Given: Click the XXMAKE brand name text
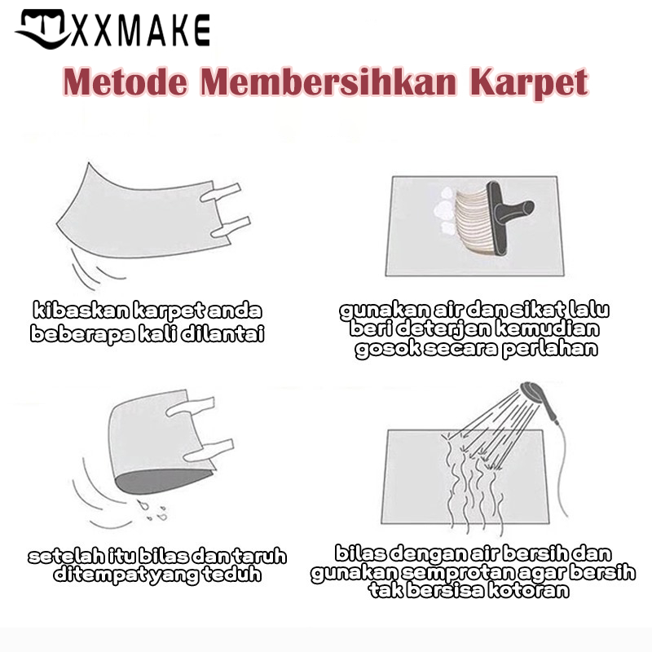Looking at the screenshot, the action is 140,30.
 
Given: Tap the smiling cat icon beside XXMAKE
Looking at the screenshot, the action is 42,29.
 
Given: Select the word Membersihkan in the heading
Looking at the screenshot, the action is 328,82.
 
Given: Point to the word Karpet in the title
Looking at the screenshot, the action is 529,83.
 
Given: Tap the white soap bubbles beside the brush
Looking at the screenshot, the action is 445,210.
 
